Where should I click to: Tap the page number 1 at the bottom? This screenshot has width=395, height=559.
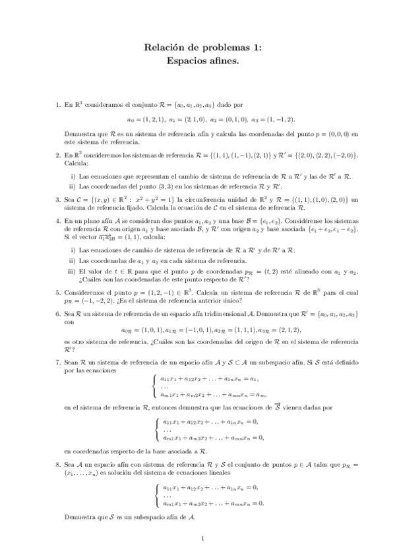click(x=204, y=539)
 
